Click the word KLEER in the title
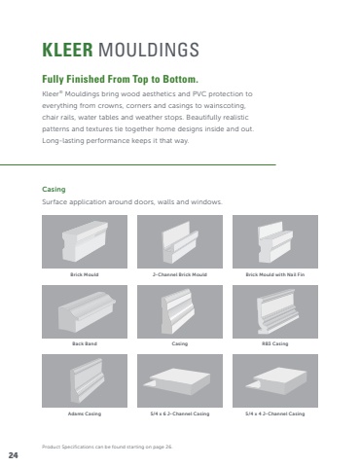pos(67,50)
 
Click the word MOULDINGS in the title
pos(149,50)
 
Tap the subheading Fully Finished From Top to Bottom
pos(120,79)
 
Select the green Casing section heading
pos(54,190)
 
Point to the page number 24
pos(14,455)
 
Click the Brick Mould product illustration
pos(85,241)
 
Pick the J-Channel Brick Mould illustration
pos(180,241)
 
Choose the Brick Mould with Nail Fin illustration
pos(275,241)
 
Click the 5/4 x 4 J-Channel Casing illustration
pos(275,380)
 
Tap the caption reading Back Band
pos(85,343)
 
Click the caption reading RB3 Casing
pos(275,343)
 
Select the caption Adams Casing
pos(85,413)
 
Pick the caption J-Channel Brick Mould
pos(180,274)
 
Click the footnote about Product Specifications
pos(107,447)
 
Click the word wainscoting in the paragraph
pos(227,106)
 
